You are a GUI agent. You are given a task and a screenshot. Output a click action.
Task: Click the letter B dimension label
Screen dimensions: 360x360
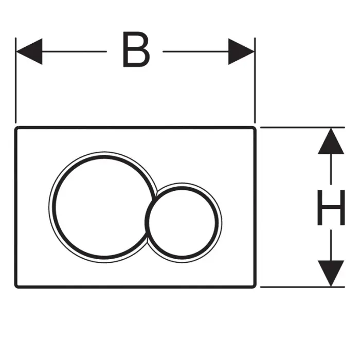[136, 50]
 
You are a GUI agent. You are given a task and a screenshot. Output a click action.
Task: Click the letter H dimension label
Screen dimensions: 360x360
[330, 207]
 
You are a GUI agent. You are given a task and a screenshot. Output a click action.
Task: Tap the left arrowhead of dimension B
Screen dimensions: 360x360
[28, 51]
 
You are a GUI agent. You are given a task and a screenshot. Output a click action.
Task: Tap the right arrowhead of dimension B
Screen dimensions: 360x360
[242, 51]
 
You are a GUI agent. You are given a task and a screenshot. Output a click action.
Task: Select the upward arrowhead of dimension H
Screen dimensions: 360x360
[330, 141]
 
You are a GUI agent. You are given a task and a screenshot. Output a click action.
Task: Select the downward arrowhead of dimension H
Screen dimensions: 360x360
[330, 273]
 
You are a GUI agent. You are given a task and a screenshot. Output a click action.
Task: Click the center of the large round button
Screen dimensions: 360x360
[102, 206]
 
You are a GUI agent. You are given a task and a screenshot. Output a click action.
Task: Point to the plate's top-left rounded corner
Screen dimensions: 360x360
[17, 127]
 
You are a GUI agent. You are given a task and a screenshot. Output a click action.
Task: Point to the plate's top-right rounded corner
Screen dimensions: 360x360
[253, 127]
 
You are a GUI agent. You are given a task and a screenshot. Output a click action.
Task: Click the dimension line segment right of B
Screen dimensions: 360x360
[195, 51]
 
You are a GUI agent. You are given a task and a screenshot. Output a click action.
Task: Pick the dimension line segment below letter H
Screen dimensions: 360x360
[330, 244]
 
